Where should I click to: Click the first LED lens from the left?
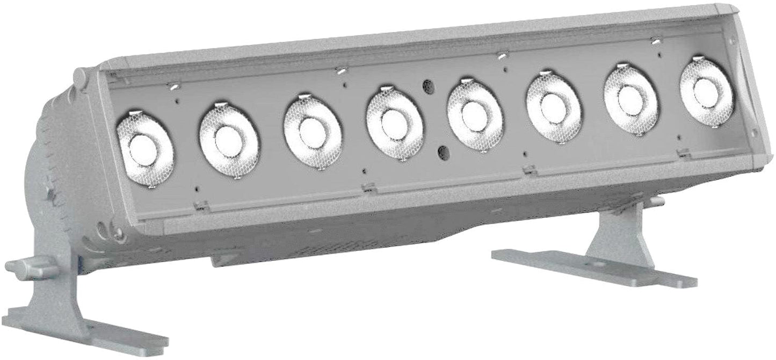pyautogui.click(x=143, y=147)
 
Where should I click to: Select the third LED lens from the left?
pyautogui.click(x=311, y=132)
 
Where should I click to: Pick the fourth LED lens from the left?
pyautogui.click(x=393, y=123)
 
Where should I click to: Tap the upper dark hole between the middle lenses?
pyautogui.click(x=428, y=86)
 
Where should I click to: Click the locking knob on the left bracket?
pyautogui.click(x=32, y=267)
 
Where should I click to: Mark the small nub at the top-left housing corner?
pyautogui.click(x=79, y=76)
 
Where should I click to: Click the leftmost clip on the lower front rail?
pyautogui.click(x=202, y=205)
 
